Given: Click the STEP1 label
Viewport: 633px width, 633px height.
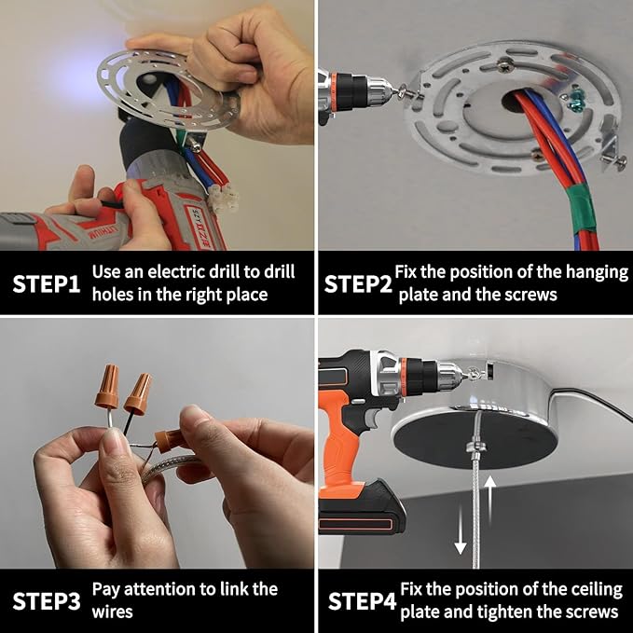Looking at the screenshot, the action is [x=46, y=283].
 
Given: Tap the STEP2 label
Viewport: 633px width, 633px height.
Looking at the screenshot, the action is [x=358, y=283].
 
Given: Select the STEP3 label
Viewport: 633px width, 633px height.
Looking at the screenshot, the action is [x=46, y=601].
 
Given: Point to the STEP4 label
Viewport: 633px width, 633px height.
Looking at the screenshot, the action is [x=362, y=601].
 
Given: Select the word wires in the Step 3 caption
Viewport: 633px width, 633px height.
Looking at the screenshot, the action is [x=112, y=612].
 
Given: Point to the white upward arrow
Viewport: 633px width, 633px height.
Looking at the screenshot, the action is [x=489, y=500].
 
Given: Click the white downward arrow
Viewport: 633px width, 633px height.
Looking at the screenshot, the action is [x=461, y=530].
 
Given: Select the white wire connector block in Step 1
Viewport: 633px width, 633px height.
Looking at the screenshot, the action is [x=223, y=198].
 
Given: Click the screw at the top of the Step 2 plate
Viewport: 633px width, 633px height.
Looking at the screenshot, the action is [x=503, y=64].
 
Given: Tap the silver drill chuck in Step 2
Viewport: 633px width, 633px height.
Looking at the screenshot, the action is [x=380, y=91].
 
